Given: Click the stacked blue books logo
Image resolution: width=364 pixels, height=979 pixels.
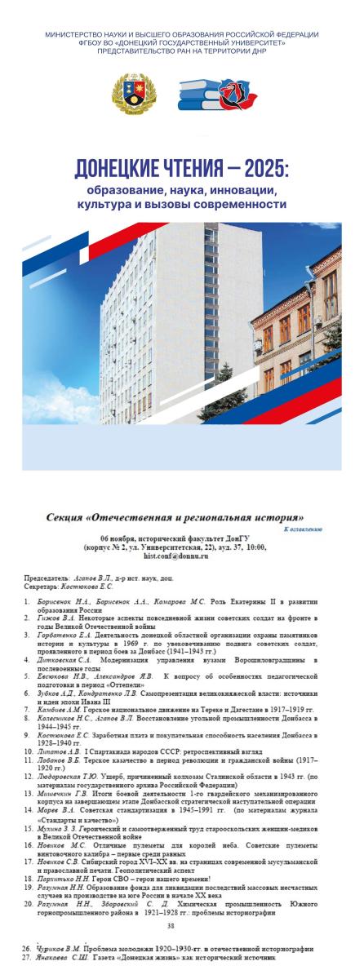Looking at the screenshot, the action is pos(214,90).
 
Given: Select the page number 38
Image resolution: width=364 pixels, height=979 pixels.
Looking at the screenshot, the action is pos(171,927).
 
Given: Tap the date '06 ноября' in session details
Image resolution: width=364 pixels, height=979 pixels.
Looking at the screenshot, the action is pos(121,539).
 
